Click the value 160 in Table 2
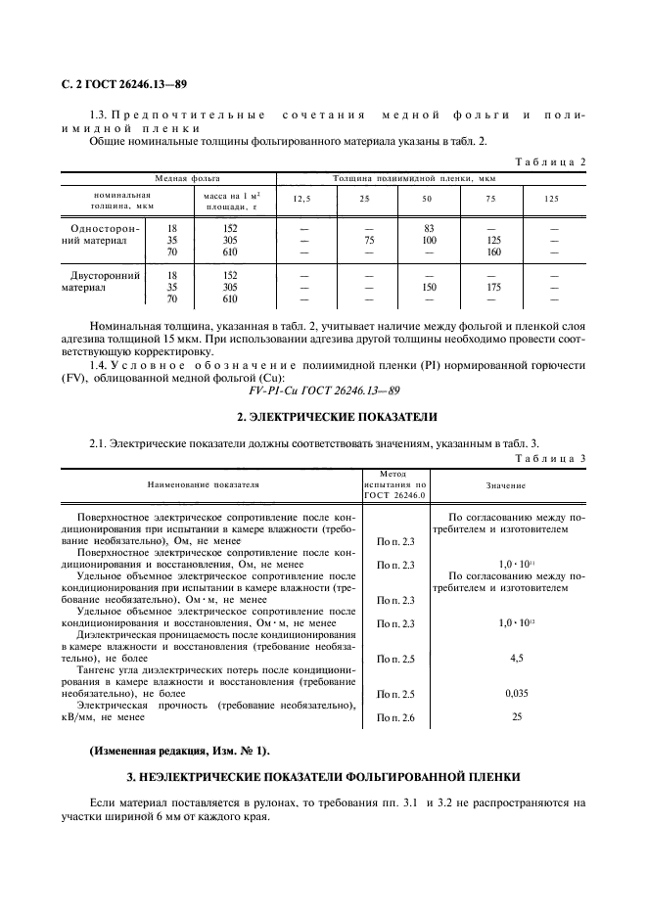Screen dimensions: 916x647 (x=493, y=252)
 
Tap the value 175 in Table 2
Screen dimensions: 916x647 (x=493, y=288)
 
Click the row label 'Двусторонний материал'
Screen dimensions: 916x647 (x=102, y=282)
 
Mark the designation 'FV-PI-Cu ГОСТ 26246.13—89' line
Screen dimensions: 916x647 (x=323, y=387)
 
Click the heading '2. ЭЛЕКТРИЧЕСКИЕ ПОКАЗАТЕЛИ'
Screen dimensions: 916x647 (x=323, y=418)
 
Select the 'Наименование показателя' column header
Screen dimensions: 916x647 (x=204, y=484)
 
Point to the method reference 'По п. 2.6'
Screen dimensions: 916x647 (x=395, y=718)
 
